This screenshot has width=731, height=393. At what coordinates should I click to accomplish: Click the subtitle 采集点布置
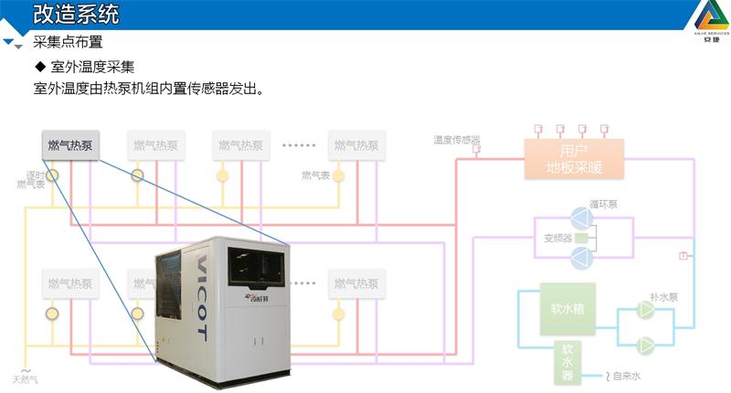(x=68, y=42)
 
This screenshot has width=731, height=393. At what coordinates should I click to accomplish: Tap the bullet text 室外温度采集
(x=92, y=67)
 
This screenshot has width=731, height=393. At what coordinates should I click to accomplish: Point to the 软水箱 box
(x=567, y=310)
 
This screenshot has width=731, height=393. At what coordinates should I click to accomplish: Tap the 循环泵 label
(x=603, y=204)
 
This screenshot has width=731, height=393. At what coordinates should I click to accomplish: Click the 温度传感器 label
(x=457, y=140)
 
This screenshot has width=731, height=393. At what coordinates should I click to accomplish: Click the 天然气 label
(x=26, y=379)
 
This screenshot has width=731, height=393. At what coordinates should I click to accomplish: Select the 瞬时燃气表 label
(x=33, y=179)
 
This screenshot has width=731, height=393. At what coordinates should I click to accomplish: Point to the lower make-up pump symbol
(x=645, y=345)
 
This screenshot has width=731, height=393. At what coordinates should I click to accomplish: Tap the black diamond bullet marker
(x=39, y=67)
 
